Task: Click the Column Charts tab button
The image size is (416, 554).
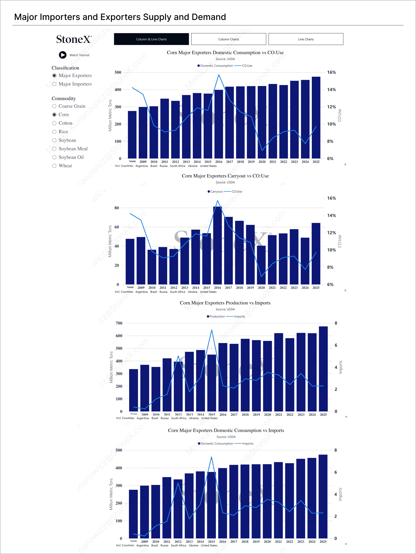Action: [x=228, y=39]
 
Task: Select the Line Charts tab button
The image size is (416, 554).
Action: [x=306, y=39]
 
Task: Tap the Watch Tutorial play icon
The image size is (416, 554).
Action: [x=63, y=55]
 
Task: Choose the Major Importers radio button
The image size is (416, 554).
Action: [x=54, y=84]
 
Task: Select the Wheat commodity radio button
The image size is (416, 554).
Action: [x=54, y=166]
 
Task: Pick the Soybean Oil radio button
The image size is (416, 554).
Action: [x=54, y=157]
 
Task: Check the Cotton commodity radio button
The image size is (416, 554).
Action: [x=54, y=123]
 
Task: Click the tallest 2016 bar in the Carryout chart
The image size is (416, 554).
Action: [x=217, y=246]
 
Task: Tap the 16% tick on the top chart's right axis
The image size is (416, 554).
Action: [x=331, y=72]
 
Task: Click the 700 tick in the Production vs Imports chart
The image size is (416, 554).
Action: [x=119, y=323]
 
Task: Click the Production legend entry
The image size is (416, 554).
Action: [x=217, y=316]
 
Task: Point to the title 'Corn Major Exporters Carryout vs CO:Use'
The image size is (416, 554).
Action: [x=225, y=176]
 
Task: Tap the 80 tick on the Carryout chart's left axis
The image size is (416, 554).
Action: [x=117, y=208]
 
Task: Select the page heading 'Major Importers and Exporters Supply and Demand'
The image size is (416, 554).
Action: [x=120, y=17]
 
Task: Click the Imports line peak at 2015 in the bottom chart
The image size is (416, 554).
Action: [x=211, y=457]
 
